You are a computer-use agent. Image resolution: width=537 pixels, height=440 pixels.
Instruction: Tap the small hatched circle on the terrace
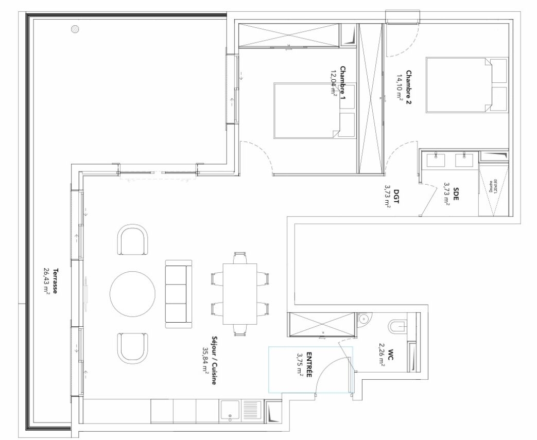tap(76, 29)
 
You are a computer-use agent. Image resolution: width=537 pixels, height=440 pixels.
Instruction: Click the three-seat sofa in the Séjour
tap(178, 294)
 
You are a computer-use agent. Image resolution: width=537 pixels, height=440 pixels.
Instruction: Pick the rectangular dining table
tap(239, 294)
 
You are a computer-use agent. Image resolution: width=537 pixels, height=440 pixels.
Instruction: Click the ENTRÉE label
tap(309, 365)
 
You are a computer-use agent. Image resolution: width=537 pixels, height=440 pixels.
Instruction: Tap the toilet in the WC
tap(397, 326)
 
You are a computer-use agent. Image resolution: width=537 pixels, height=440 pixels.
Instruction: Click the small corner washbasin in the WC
tap(363, 319)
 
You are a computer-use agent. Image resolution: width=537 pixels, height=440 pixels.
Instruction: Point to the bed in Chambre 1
tap(306, 110)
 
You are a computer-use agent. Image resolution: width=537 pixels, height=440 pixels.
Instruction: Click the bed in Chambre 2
tap(458, 85)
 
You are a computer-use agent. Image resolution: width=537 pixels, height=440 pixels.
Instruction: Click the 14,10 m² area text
tap(399, 88)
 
